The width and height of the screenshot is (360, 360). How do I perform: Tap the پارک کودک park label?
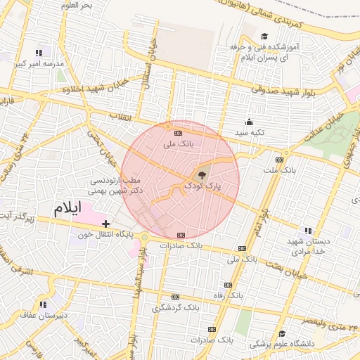coord(202,186)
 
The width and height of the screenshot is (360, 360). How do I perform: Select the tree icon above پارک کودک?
coord(203,174)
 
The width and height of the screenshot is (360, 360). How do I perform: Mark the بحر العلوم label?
coord(77,6)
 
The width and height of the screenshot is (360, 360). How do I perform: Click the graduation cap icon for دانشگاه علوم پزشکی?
coord(281,334)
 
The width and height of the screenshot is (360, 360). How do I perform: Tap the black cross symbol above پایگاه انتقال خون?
coord(105,224)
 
